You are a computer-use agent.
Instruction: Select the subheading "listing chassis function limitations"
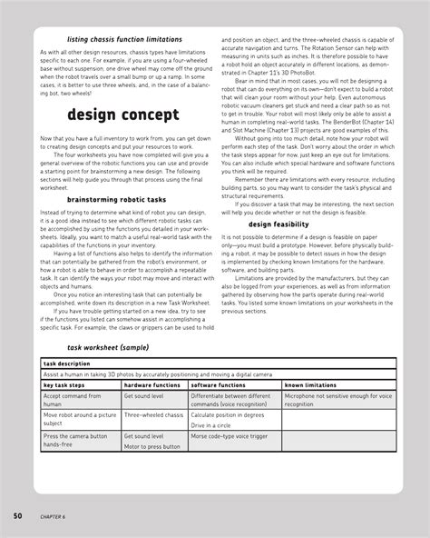tap(112, 41)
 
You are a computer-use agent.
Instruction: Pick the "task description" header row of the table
tap(65, 363)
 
